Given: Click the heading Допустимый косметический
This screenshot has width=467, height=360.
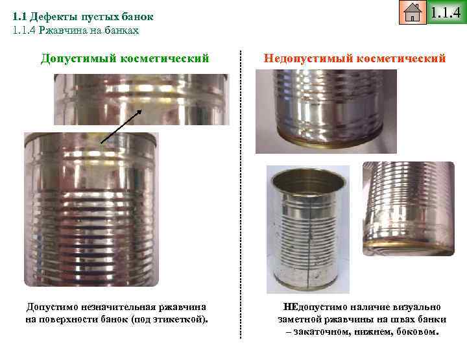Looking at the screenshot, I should (125, 58).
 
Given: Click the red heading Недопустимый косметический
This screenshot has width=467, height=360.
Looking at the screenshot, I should (355, 58).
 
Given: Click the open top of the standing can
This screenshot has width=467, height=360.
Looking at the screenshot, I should (309, 174).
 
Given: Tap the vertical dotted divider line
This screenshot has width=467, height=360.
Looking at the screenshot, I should (241, 195).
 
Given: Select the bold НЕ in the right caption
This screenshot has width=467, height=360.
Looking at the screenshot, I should (291, 306).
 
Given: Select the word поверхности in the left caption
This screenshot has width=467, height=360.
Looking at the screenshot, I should (68, 320).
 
